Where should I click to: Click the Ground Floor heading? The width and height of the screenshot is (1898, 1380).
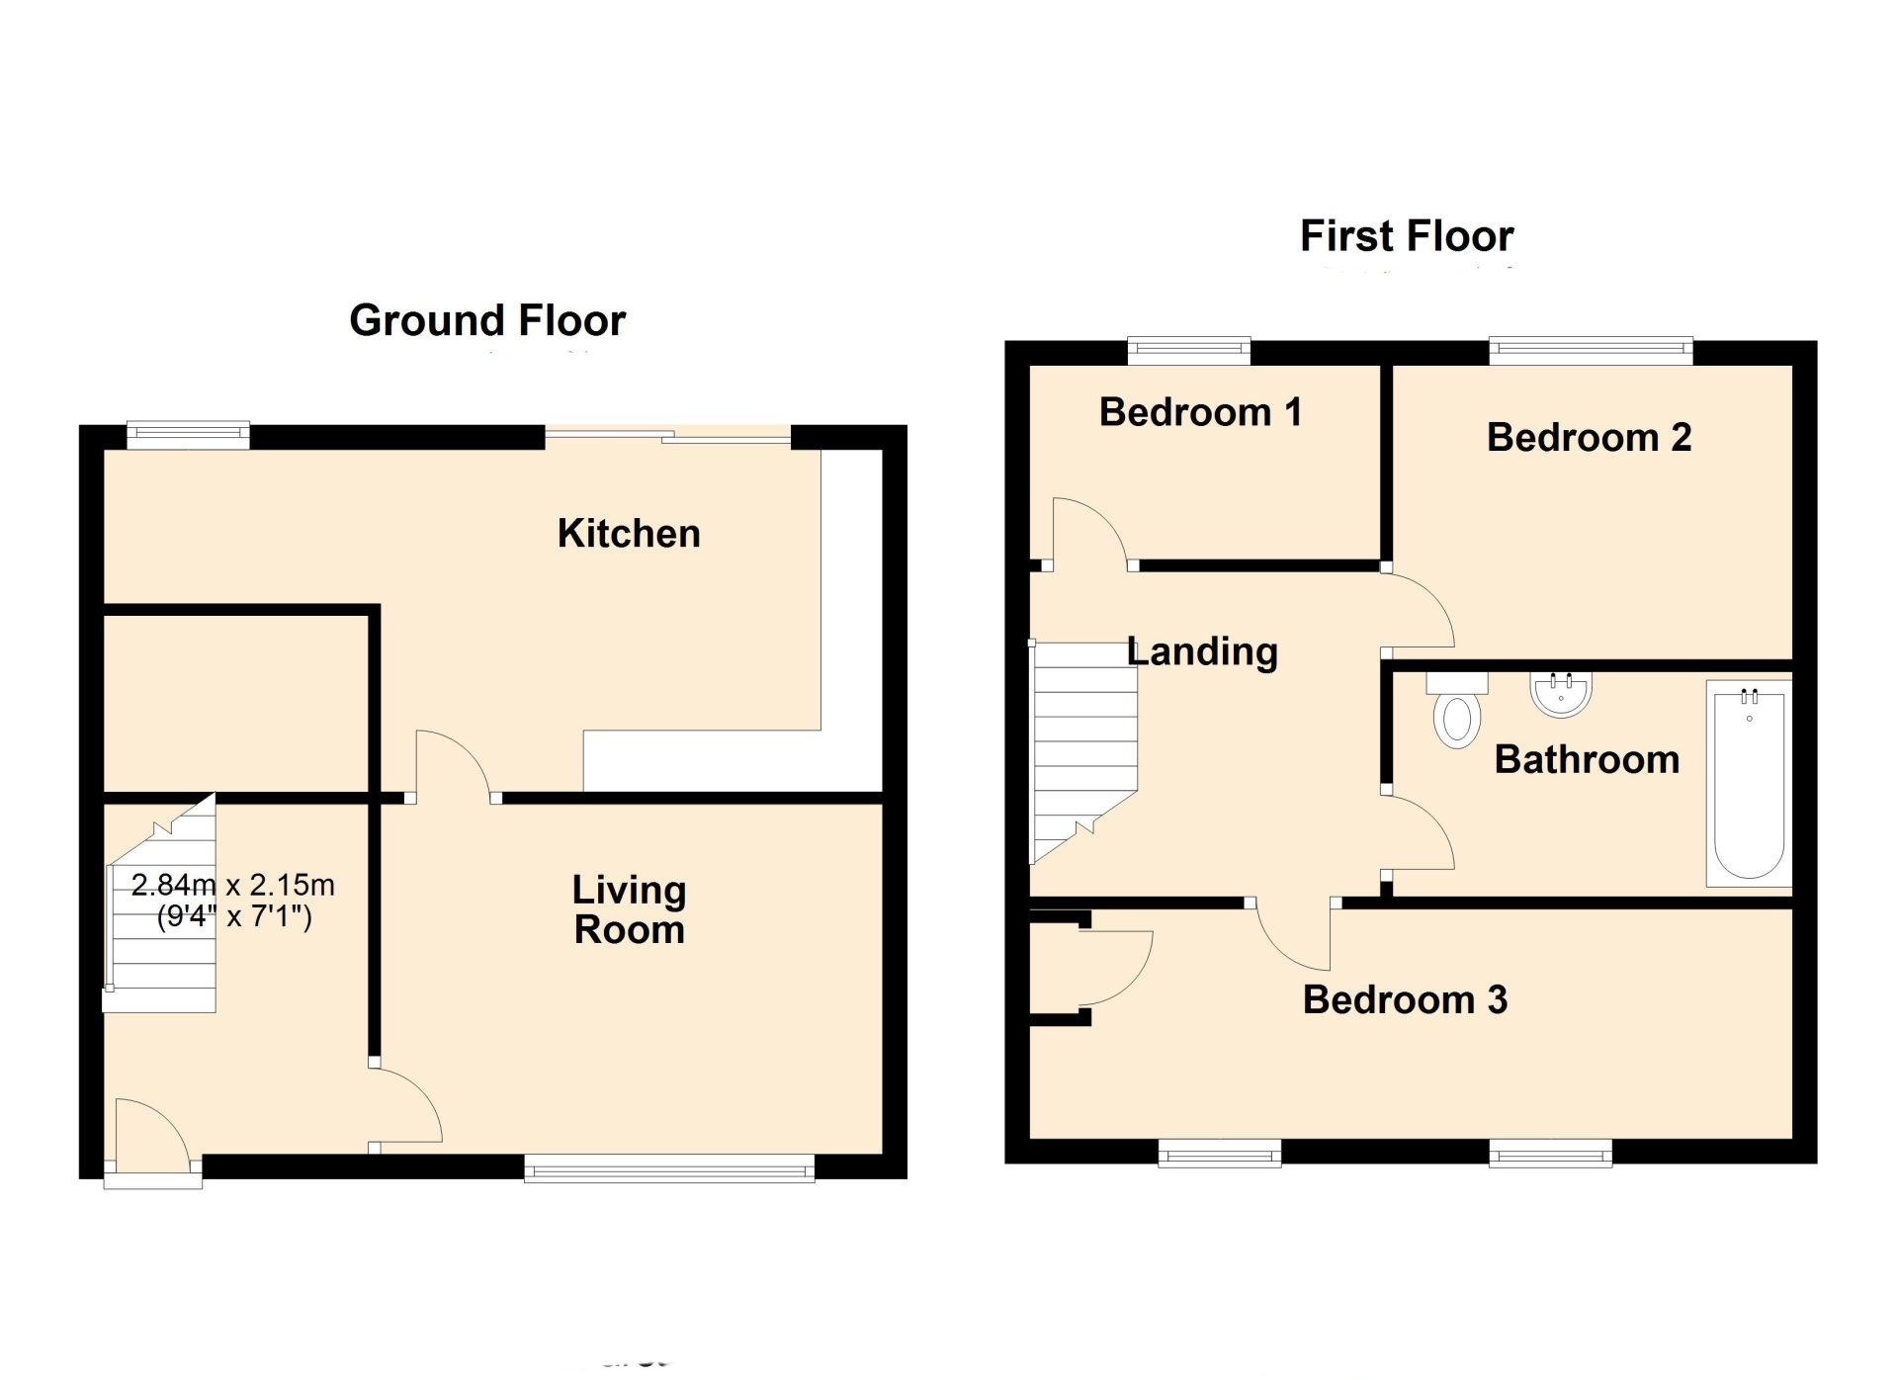(x=487, y=320)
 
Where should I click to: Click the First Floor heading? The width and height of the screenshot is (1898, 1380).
(x=1406, y=236)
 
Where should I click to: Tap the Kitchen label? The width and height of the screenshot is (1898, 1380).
(x=629, y=534)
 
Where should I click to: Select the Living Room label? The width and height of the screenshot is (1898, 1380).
(x=629, y=909)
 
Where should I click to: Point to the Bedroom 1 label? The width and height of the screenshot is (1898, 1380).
(x=1200, y=412)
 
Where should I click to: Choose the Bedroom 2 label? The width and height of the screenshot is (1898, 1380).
(x=1589, y=437)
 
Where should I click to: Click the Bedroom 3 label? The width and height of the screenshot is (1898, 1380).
(x=1405, y=999)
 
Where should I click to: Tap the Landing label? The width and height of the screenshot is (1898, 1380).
(x=1202, y=651)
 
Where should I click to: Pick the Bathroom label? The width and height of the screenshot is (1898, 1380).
(x=1587, y=759)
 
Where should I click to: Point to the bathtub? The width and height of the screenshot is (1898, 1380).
(x=1749, y=783)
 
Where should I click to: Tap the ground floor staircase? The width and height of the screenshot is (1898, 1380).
(x=163, y=919)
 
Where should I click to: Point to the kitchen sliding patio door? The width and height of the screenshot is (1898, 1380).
(x=668, y=434)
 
